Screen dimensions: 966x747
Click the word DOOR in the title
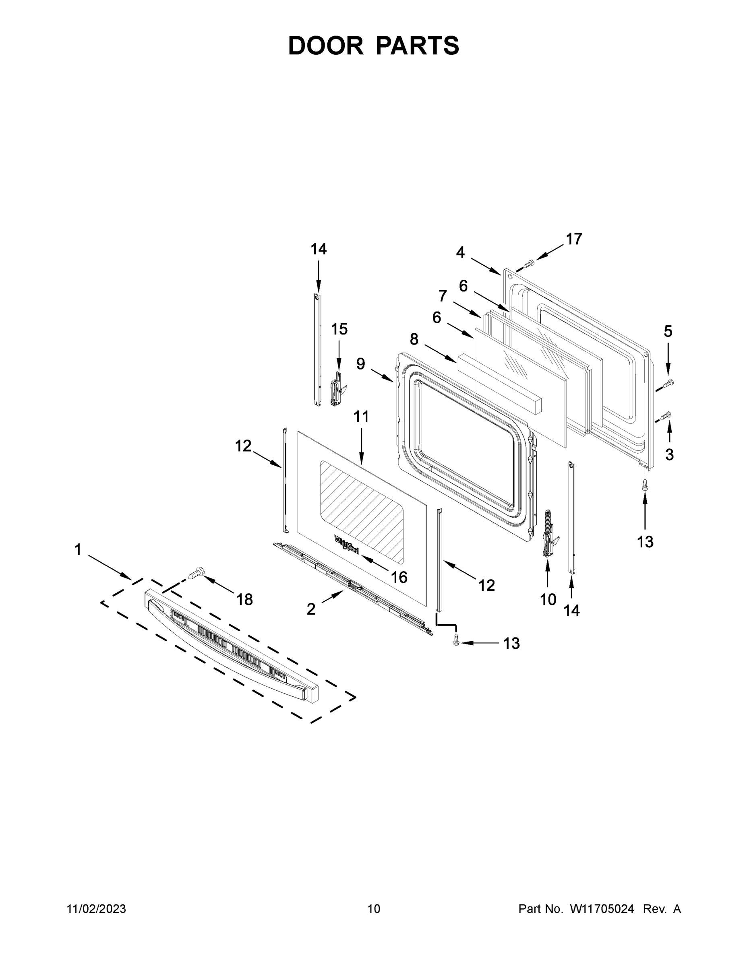click(325, 45)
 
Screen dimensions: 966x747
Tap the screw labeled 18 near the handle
click(196, 573)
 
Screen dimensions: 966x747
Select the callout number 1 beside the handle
click(78, 550)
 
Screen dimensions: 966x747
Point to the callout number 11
click(361, 417)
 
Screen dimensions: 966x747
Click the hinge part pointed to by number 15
click(338, 389)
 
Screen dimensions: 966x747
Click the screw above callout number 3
click(666, 415)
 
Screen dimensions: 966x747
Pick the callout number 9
click(361, 363)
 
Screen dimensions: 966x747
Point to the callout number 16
click(399, 577)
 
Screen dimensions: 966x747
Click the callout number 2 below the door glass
click(311, 609)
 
